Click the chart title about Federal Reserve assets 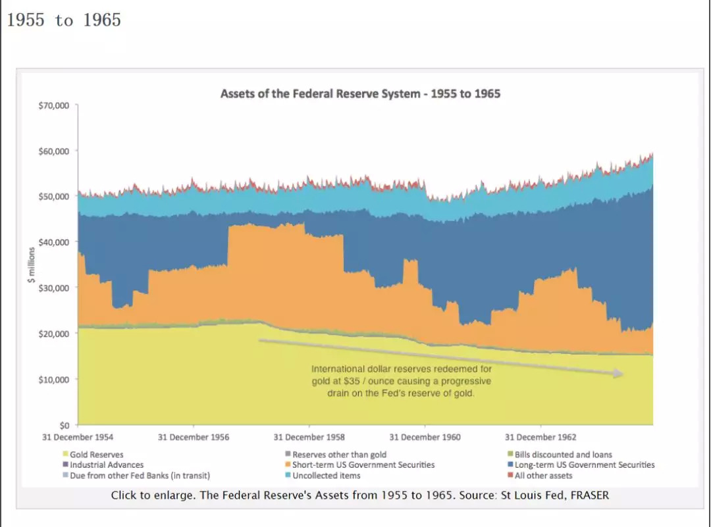click(360, 93)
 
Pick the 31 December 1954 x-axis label click(78, 438)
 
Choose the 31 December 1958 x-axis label click(309, 438)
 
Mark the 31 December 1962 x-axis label click(540, 438)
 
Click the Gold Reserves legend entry click(96, 455)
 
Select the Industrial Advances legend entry click(106, 465)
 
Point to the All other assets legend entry click(543, 476)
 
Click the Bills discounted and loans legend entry click(563, 455)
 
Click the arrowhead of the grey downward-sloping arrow click(618, 374)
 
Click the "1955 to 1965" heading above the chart click(64, 20)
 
